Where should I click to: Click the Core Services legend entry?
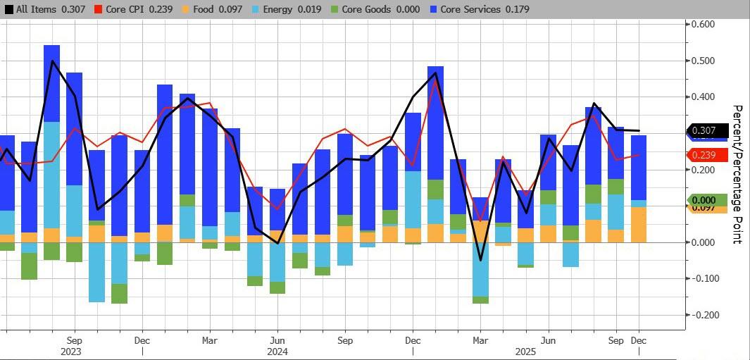pyautogui.click(x=482, y=10)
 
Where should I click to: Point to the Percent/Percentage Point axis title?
pyautogui.click(x=737, y=174)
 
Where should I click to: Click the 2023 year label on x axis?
pyautogui.click(x=71, y=352)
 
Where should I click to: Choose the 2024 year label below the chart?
pyautogui.click(x=277, y=352)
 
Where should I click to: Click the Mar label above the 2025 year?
pyautogui.click(x=480, y=340)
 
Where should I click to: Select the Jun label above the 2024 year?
pyautogui.click(x=277, y=340)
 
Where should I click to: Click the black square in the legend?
pyautogui.click(x=8, y=10)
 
